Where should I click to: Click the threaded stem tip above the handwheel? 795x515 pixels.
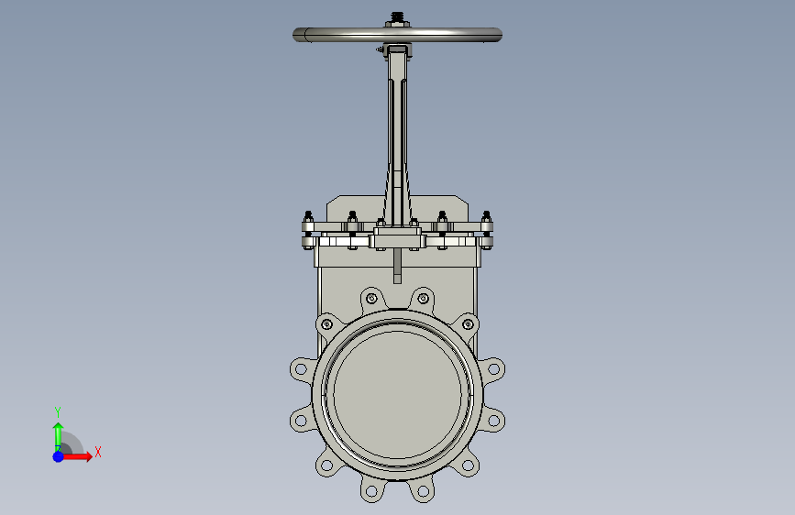click(x=398, y=16)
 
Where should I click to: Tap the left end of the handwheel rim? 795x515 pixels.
click(x=294, y=35)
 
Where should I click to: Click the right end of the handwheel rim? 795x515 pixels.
click(x=501, y=35)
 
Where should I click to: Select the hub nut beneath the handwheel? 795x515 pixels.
click(x=398, y=49)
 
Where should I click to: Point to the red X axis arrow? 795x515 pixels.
click(x=77, y=456)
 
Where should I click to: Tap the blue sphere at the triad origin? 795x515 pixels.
click(x=59, y=456)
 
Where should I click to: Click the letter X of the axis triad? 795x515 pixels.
click(x=98, y=452)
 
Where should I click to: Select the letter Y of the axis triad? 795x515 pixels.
click(x=58, y=412)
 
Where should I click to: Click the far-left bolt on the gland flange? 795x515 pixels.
click(x=308, y=230)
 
